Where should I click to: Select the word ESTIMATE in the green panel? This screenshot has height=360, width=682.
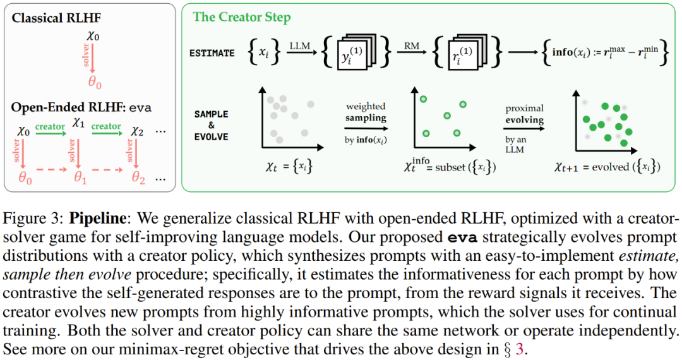pyautogui.click(x=212, y=54)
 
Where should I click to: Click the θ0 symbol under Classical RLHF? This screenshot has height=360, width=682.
pyautogui.click(x=95, y=83)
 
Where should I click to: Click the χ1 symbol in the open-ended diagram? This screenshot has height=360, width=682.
pyautogui.click(x=78, y=122)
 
